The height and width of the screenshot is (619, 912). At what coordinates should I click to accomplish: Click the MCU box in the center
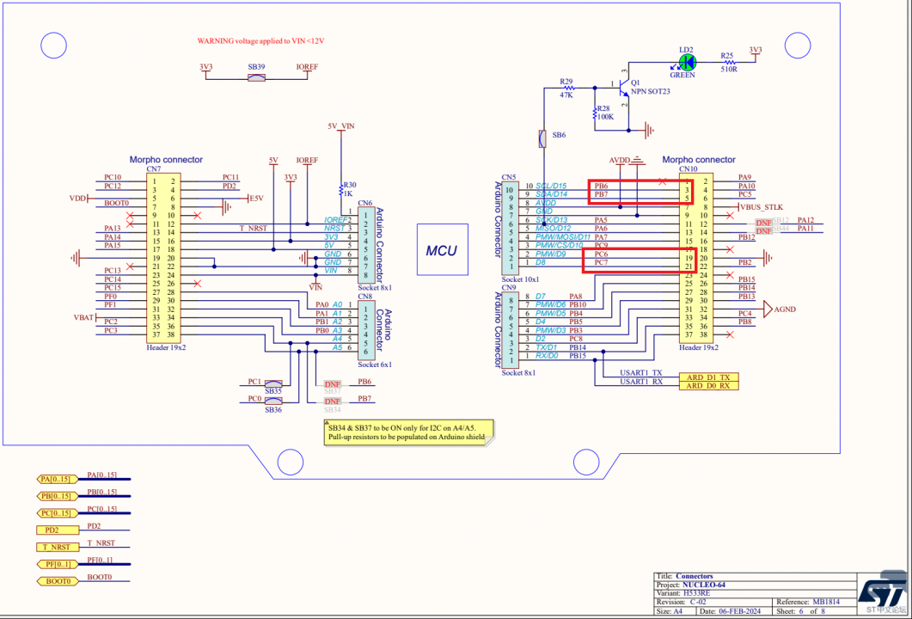(x=442, y=250)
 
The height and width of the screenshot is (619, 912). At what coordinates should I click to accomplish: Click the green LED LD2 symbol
(x=686, y=62)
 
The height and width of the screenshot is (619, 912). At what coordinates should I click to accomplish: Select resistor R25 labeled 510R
(x=728, y=62)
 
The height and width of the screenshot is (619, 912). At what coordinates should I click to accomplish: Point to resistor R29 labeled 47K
(x=566, y=88)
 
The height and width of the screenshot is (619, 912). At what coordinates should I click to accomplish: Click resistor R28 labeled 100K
(x=596, y=113)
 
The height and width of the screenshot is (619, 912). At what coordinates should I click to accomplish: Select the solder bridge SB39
(x=256, y=78)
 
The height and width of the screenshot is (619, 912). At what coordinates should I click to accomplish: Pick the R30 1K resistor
(x=341, y=189)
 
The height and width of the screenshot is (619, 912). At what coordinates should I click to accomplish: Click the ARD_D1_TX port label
(x=707, y=377)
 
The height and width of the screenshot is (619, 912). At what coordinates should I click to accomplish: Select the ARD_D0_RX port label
(x=707, y=386)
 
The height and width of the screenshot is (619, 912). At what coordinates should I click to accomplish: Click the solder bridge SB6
(x=542, y=137)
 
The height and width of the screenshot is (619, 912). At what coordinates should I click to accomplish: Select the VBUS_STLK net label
(x=761, y=207)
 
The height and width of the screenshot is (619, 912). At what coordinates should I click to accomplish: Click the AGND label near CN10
(x=785, y=309)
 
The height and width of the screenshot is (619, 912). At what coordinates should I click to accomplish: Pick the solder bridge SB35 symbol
(x=273, y=383)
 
